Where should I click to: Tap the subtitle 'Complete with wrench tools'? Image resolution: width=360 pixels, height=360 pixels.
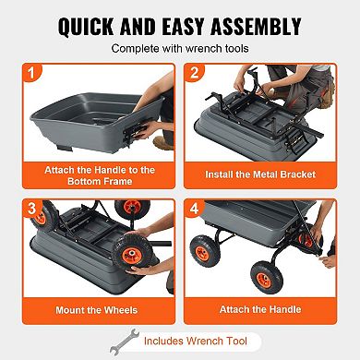point(179,47)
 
